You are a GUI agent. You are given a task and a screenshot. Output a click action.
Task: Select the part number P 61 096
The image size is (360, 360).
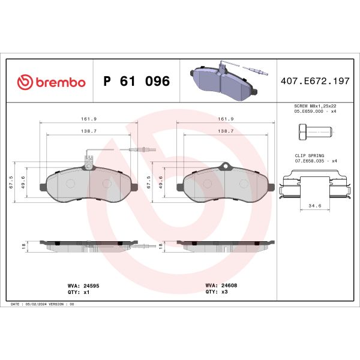[136, 82]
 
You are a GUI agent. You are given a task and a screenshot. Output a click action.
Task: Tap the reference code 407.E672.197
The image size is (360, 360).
[315, 82]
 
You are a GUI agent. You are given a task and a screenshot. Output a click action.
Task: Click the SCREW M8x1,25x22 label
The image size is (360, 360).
[315, 105]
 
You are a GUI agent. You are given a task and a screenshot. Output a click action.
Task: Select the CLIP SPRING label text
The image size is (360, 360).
[308, 155]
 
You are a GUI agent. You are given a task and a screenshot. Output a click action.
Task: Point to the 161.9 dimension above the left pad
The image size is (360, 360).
[88, 119]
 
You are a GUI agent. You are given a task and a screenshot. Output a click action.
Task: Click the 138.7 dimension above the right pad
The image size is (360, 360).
[226, 130]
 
